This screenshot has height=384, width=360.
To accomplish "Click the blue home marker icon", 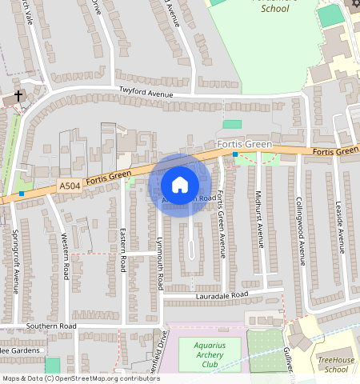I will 180,186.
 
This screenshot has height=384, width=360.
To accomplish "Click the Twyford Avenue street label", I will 146,92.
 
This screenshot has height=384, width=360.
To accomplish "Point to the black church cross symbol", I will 18,97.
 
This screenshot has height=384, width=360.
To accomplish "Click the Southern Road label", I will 50,326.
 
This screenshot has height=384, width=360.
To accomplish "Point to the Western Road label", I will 66,255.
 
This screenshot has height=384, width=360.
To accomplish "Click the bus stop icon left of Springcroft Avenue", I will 22,194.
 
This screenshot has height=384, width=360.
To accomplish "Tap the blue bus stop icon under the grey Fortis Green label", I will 235,154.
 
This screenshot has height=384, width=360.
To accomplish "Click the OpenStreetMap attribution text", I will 80,378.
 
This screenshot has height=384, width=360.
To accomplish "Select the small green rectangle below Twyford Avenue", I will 232,124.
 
